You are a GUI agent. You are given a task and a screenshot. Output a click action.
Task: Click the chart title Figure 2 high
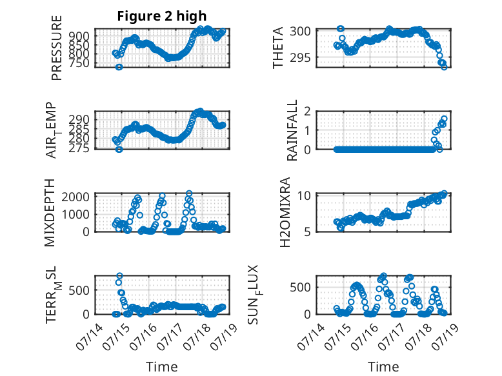click(162, 16)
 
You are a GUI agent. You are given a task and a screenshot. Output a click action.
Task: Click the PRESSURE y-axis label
click(56, 48)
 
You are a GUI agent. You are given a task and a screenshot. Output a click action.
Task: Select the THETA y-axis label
click(278, 48)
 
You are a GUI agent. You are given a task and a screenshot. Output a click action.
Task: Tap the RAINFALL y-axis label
click(292, 130)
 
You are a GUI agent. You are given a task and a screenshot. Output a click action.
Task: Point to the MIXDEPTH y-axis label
click(50, 213)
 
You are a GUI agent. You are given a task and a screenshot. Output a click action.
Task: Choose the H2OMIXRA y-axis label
click(285, 212)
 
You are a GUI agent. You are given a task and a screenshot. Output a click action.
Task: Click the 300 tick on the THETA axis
click(300, 32)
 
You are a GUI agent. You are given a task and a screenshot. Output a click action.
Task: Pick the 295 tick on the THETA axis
click(300, 58)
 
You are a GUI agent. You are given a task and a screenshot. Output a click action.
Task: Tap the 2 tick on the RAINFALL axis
click(307, 112)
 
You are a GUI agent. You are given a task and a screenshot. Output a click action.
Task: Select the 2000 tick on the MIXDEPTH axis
click(75, 197)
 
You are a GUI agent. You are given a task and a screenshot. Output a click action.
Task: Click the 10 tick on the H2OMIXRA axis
click(304, 195)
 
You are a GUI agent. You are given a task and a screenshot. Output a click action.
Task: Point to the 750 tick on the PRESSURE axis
click(79, 63)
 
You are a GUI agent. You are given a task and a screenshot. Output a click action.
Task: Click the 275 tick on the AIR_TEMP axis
click(79, 148)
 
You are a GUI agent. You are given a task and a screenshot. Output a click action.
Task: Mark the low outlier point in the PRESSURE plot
click(119, 67)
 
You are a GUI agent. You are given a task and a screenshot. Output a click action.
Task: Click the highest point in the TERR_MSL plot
click(119, 276)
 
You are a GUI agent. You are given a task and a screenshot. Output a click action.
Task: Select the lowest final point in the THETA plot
click(444, 67)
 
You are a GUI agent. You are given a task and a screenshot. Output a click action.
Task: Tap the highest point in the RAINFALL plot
click(444, 119)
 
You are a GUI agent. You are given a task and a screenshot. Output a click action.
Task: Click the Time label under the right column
click(383, 367)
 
